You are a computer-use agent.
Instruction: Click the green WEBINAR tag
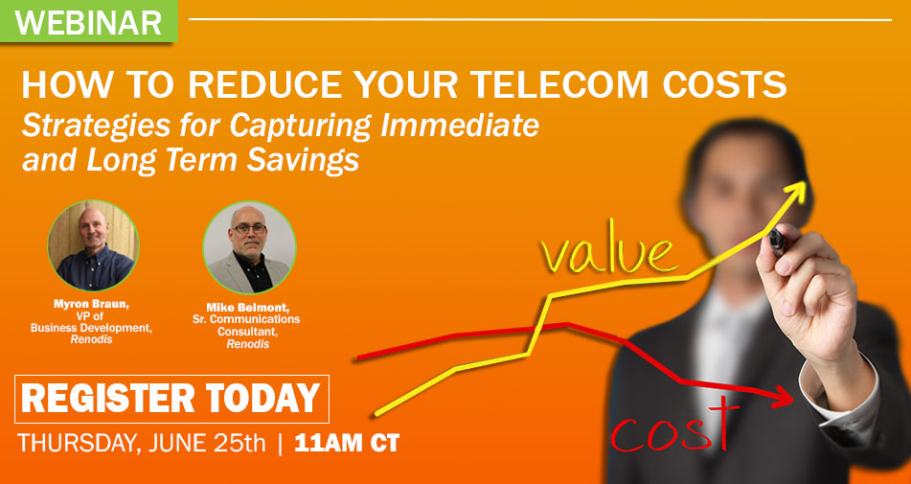click(x=88, y=21)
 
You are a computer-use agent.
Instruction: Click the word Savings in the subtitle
click(x=303, y=160)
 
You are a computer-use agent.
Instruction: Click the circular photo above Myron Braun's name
click(x=93, y=245)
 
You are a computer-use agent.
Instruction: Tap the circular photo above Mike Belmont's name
click(x=249, y=248)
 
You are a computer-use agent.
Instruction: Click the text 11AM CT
click(x=347, y=444)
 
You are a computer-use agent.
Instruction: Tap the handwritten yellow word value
click(x=608, y=255)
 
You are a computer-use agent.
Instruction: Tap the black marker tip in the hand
click(x=777, y=239)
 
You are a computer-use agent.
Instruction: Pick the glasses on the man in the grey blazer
click(x=249, y=228)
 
